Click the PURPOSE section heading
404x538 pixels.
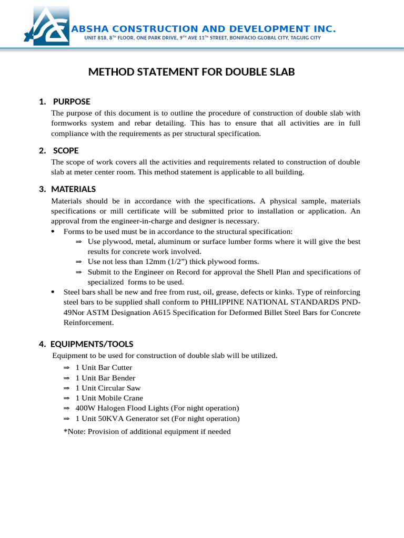click(x=72, y=101)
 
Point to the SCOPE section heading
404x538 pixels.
click(x=66, y=151)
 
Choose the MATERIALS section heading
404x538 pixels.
click(x=74, y=189)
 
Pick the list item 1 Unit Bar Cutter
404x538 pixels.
click(x=104, y=368)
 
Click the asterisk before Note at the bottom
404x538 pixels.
click(x=65, y=432)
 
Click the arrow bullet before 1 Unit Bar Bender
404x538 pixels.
click(x=66, y=378)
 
